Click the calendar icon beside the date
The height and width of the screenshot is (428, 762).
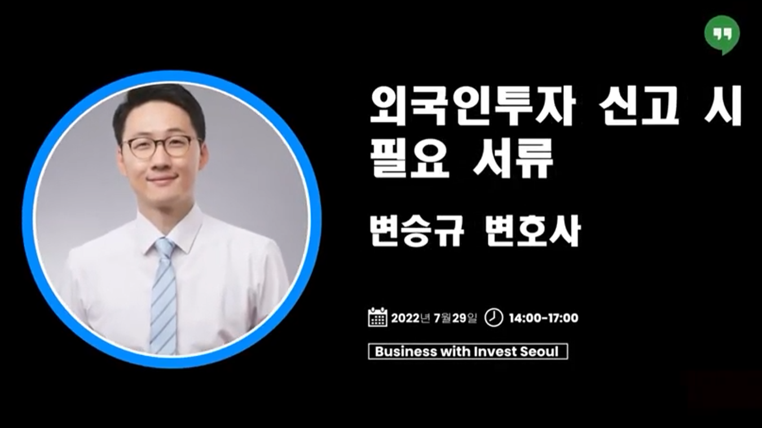[377, 317]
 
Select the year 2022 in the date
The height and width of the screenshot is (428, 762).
[406, 318]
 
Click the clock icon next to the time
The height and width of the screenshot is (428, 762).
[494, 317]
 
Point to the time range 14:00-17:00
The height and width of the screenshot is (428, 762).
[544, 318]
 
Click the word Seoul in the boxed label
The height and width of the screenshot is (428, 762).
[539, 351]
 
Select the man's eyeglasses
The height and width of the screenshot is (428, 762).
[161, 146]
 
